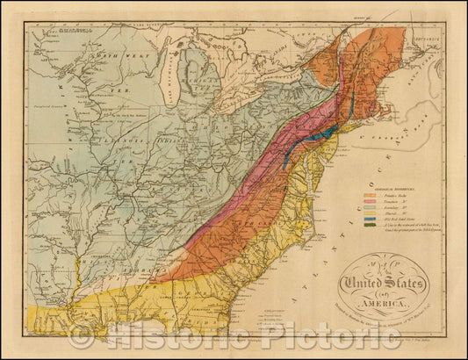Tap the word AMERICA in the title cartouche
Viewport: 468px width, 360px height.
tap(385, 302)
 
